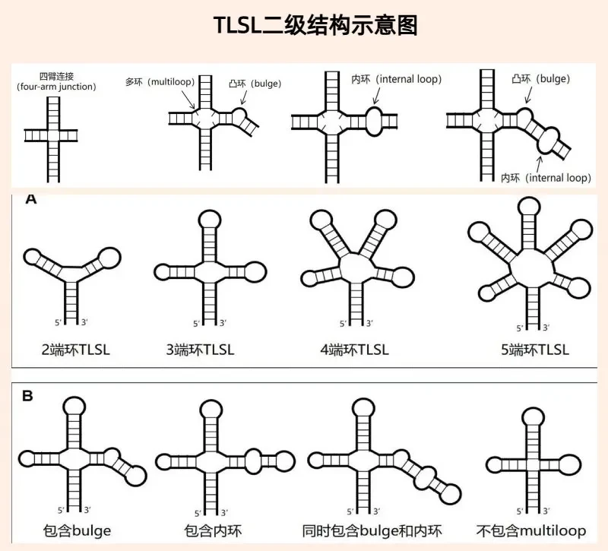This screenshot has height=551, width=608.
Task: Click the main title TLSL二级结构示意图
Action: (315, 26)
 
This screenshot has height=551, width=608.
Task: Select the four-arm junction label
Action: (56, 81)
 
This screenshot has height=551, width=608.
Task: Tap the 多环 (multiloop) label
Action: (160, 82)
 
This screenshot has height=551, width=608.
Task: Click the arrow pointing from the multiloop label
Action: (188, 99)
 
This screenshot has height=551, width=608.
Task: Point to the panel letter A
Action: (31, 199)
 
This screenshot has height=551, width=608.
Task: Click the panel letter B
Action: (27, 396)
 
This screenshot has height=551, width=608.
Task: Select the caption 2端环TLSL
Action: (75, 350)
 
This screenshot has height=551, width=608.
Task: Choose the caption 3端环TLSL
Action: (200, 350)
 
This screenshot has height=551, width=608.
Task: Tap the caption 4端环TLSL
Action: (354, 350)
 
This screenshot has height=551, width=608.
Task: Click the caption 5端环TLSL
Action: (535, 350)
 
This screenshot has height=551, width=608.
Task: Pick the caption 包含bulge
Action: (77, 530)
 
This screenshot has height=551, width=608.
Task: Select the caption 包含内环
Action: (213, 530)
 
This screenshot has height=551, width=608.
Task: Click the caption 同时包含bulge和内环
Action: (372, 530)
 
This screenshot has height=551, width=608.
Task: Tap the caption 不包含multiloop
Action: (530, 530)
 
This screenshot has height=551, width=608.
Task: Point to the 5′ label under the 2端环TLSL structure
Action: (59, 322)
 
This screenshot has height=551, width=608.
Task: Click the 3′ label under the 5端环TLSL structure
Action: (546, 328)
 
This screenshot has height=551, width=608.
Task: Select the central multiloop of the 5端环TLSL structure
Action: (511, 268)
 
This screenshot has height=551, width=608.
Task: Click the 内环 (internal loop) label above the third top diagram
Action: (396, 79)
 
